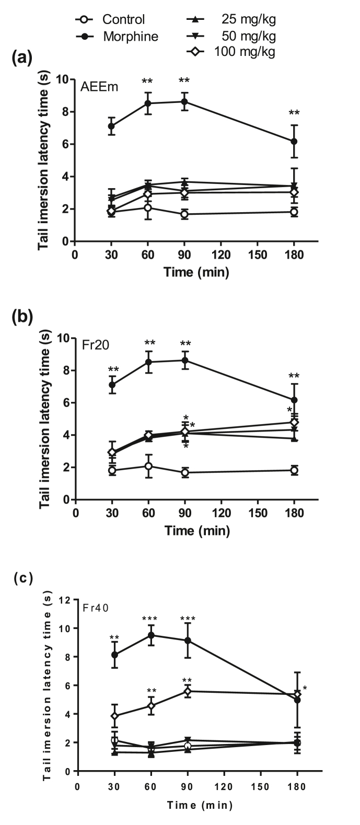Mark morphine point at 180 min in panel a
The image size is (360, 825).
294,141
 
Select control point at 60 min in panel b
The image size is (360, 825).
148,466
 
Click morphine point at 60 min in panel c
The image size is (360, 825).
151,635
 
